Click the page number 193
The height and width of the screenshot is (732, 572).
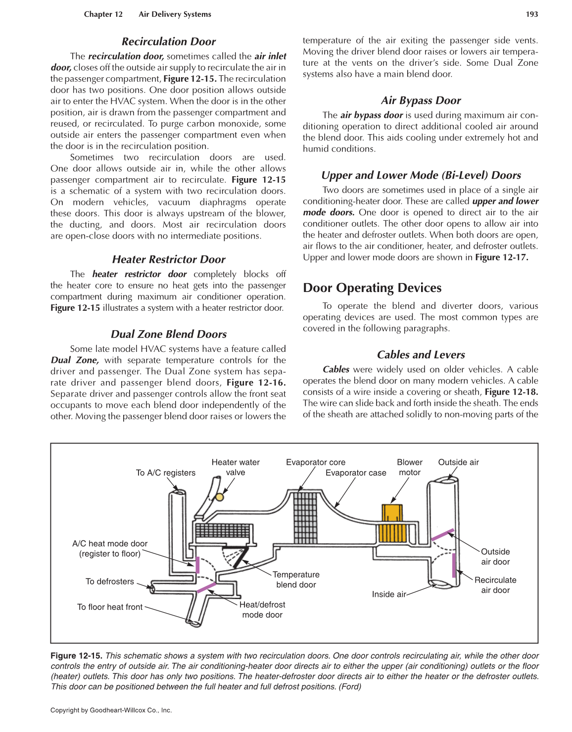coord(531,14)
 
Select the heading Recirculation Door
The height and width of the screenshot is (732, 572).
coord(168,42)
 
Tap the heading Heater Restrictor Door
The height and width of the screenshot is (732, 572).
coord(168,259)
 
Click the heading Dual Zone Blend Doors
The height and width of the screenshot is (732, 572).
coord(168,334)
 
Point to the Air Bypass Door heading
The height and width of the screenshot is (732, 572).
coord(421,100)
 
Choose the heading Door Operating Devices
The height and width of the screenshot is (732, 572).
coord(372,288)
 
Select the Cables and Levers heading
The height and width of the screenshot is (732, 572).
coord(421,355)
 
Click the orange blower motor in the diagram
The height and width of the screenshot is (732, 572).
coord(392,524)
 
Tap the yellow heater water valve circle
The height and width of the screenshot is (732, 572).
coord(220,497)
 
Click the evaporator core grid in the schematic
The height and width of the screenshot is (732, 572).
coord(305,517)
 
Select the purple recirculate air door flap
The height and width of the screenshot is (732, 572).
coord(454,565)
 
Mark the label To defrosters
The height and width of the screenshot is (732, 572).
coord(109,582)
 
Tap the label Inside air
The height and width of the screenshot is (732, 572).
coord(388,594)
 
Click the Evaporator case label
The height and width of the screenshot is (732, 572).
coord(355,473)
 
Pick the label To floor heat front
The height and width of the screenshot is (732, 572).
coord(109,607)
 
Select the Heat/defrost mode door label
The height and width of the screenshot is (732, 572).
coord(262,610)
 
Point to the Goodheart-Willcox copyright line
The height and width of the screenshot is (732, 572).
coord(111,710)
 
